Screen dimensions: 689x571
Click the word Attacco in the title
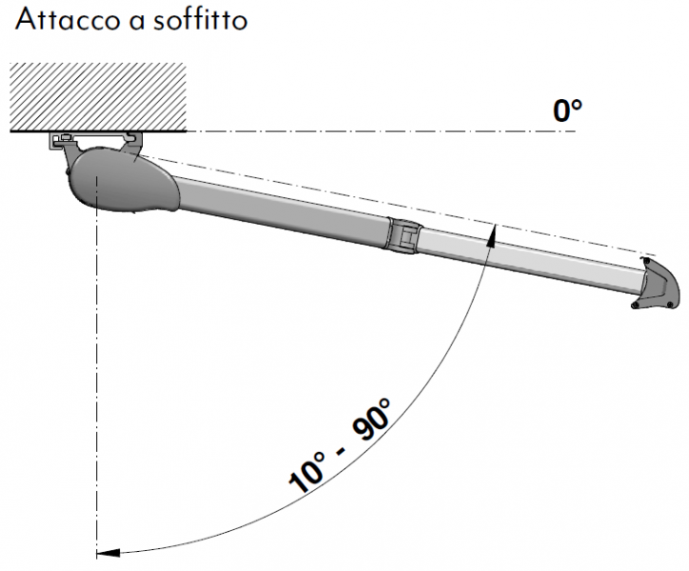point(69,19)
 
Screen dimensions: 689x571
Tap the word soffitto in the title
point(201,19)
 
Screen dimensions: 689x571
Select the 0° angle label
point(567,110)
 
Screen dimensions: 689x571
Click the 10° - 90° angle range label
point(339,445)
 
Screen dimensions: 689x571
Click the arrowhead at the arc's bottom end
point(108,552)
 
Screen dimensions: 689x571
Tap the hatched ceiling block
point(98,97)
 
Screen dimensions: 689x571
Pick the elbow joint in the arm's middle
point(404,235)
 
